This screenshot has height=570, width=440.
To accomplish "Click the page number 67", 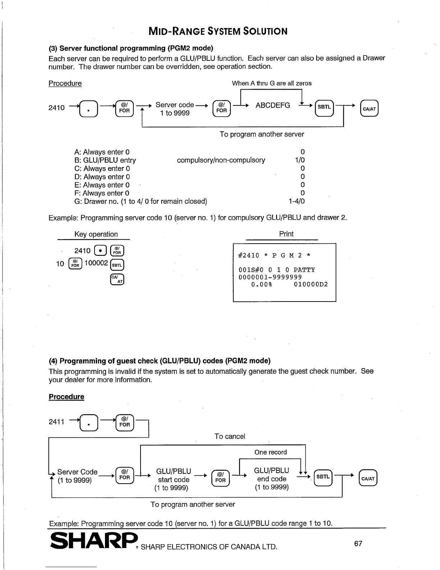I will point(358,543).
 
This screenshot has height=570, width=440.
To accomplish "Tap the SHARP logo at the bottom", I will point(94,541).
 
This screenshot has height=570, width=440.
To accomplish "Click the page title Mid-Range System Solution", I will point(218,31).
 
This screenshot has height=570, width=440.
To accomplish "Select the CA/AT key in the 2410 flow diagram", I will point(370,108).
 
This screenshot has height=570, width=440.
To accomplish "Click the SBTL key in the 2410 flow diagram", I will point(324,107).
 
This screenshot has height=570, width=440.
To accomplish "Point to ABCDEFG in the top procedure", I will point(272,105).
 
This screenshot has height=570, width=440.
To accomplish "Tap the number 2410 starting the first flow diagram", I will point(56,108).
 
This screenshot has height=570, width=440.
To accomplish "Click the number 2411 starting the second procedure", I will point(56,421).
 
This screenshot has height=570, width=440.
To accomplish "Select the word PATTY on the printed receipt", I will point(304,270).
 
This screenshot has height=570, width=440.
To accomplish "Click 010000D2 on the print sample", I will point(311,285).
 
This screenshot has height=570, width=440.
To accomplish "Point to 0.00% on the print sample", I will point(262,285).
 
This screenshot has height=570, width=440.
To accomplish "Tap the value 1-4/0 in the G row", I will point(297,202).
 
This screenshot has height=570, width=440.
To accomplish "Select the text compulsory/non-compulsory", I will point(221,160).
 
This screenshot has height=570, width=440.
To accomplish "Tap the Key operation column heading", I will point(96,234).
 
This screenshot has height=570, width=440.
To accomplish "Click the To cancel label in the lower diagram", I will point(230,436).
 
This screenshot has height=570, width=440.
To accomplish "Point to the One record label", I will point(270,452).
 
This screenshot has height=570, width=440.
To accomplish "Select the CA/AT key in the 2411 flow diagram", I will point(368,478).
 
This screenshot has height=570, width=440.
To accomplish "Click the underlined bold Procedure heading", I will point(67,397).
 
